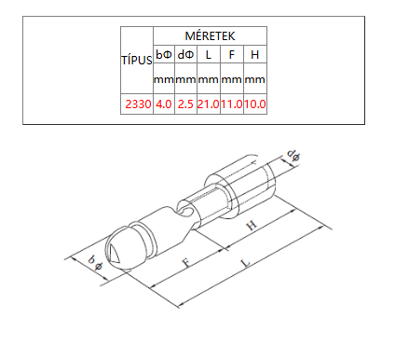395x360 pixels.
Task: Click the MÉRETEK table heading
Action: coord(210,36)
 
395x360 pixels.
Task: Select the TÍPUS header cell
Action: coord(137,61)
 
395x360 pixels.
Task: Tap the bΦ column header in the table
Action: coord(164,55)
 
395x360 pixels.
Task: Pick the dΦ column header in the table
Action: coord(185,55)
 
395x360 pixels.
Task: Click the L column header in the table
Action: coord(208,55)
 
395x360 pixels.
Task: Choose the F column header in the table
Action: coord(232,55)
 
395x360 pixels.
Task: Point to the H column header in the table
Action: coord(255,55)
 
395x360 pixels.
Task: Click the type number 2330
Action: coord(138,104)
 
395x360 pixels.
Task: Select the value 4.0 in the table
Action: coord(164,104)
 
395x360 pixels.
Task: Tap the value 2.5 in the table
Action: coord(185,104)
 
